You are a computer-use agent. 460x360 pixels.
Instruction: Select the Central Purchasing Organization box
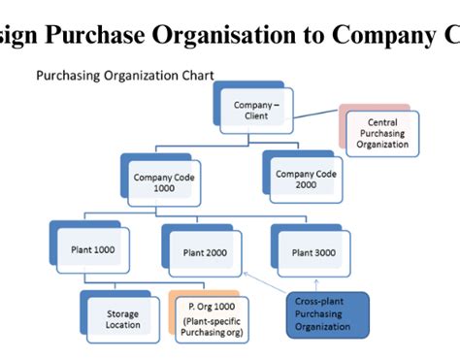[x=381, y=132]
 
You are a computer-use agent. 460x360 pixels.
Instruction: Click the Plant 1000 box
[x=93, y=249]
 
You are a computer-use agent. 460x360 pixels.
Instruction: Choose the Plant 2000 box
[x=205, y=252]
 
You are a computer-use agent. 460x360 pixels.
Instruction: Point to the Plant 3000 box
[x=312, y=251]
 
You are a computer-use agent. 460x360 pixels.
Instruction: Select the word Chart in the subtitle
[x=197, y=74]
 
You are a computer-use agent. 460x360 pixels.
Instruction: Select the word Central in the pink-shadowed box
[x=381, y=119]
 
